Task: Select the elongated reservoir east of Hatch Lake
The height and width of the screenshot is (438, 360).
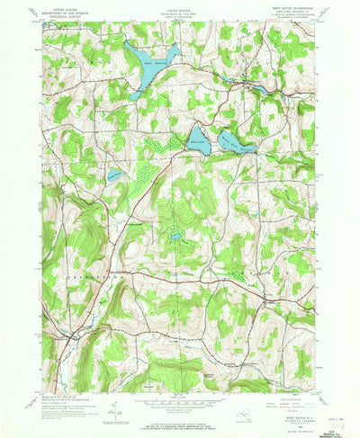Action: click(x=236, y=139)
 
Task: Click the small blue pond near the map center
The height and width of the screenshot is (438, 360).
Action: click(x=176, y=237)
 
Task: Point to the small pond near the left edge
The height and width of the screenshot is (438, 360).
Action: click(x=113, y=174)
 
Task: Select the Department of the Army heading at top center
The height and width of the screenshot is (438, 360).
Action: click(x=180, y=15)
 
